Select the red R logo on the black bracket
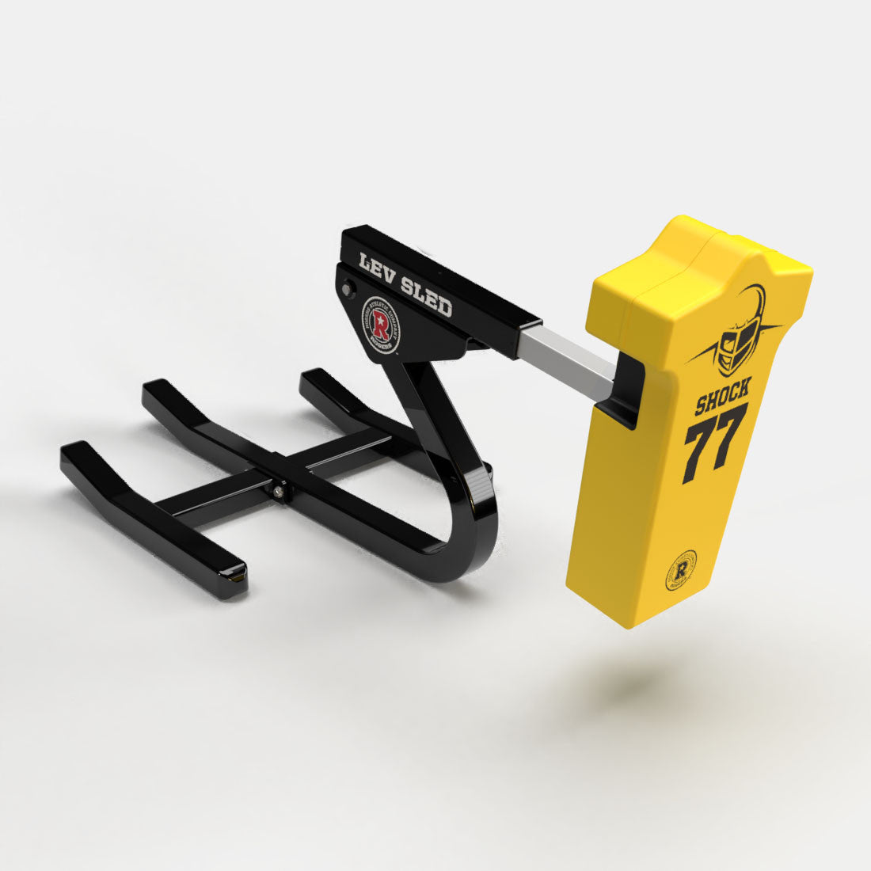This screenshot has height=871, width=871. (381, 323)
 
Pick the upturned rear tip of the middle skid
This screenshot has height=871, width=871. (157, 390)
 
